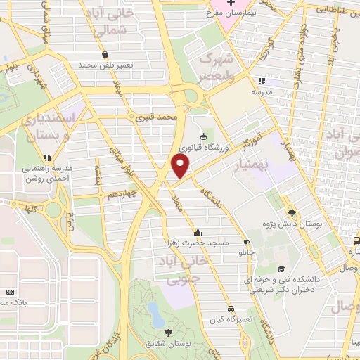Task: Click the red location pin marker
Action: pyautogui.click(x=181, y=166)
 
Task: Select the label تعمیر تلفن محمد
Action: pyautogui.click(x=105, y=65)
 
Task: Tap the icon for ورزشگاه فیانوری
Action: pyautogui.click(x=203, y=136)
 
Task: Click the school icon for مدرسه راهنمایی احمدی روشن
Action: pyautogui.click(x=48, y=157)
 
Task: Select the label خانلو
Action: pyautogui.click(x=247, y=251)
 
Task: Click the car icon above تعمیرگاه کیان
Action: pyautogui.click(x=231, y=309)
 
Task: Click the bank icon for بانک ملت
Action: pyautogui.click(x=9, y=292)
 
